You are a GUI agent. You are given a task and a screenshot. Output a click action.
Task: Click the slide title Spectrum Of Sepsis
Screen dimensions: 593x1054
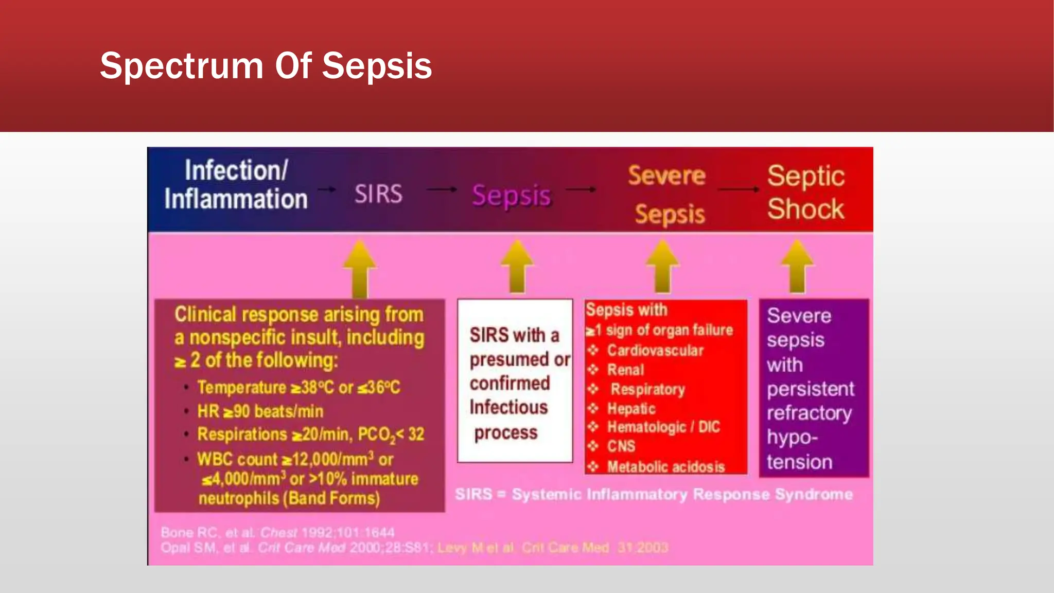pyautogui.click(x=266, y=66)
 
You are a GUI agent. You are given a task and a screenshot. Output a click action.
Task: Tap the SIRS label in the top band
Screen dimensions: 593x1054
pyautogui.click(x=378, y=195)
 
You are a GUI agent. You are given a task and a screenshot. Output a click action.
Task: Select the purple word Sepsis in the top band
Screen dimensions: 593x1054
pyautogui.click(x=512, y=196)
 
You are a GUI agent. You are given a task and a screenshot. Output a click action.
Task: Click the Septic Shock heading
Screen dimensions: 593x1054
pyautogui.click(x=805, y=193)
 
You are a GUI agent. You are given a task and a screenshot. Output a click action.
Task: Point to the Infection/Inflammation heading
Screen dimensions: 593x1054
pyautogui.click(x=236, y=184)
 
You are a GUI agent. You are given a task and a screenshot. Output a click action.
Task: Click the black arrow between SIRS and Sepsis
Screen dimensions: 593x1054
pyautogui.click(x=442, y=189)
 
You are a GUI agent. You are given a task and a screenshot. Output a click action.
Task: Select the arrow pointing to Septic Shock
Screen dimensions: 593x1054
pyautogui.click(x=739, y=189)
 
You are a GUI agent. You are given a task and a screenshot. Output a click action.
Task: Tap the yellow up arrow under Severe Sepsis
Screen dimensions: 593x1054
pyautogui.click(x=662, y=267)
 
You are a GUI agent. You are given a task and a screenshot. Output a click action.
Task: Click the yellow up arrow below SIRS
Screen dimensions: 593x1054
pyautogui.click(x=359, y=269)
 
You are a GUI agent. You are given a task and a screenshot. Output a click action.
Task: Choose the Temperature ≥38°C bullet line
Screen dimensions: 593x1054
pyautogui.click(x=298, y=387)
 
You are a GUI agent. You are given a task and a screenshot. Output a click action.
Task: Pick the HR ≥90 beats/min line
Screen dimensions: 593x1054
pyautogui.click(x=260, y=411)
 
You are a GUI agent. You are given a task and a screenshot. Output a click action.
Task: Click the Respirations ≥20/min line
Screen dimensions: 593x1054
pyautogui.click(x=311, y=434)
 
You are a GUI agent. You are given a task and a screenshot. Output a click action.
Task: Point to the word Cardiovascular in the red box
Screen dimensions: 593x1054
pyautogui.click(x=655, y=351)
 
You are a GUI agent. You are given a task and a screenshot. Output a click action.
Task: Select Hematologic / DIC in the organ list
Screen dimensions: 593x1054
pyautogui.click(x=663, y=427)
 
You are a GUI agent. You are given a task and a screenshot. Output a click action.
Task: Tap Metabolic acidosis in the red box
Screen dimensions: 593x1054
pyautogui.click(x=666, y=467)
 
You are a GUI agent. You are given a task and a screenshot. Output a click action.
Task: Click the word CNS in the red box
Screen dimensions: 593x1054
pyautogui.click(x=621, y=446)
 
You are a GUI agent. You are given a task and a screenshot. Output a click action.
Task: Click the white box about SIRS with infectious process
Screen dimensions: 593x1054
pyautogui.click(x=515, y=381)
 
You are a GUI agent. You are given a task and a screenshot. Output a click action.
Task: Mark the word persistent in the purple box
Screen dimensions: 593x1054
pyautogui.click(x=810, y=389)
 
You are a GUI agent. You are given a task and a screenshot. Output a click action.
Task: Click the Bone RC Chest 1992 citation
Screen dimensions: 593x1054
pyautogui.click(x=278, y=532)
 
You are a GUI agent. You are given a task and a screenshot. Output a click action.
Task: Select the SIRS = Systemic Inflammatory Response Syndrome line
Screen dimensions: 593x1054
pyautogui.click(x=654, y=495)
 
